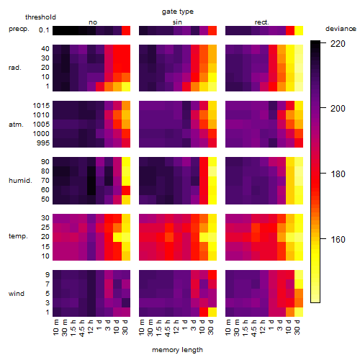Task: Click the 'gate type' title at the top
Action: [178, 12]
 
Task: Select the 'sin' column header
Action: [177, 22]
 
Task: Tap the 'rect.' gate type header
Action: [262, 22]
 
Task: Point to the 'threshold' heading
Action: [40, 17]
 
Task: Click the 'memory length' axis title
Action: [177, 350]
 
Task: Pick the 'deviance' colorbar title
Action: [341, 29]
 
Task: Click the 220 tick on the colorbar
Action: [338, 44]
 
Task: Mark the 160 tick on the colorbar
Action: [338, 239]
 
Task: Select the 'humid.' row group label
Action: [20, 181]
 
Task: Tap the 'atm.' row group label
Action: [16, 125]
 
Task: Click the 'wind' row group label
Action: [17, 293]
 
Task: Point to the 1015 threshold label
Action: [41, 106]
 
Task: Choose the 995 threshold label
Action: [43, 143]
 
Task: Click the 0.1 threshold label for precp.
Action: [44, 30]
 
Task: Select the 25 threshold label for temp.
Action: [45, 228]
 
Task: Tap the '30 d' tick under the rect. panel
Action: [297, 327]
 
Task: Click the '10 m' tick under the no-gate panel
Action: [55, 327]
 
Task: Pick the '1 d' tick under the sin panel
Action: [184, 325]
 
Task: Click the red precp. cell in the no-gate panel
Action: [126, 30]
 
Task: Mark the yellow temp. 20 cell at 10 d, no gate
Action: [117, 238]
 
